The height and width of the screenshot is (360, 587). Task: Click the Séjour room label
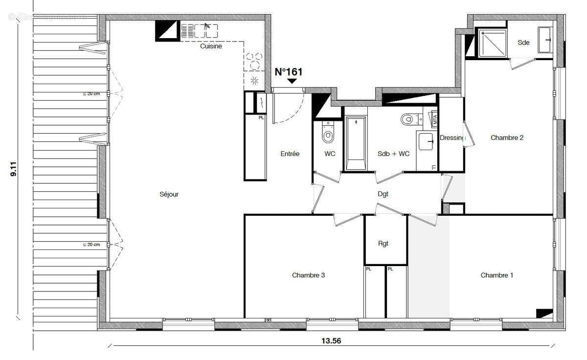[x=169, y=194]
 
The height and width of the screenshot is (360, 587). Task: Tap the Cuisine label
[x=211, y=46]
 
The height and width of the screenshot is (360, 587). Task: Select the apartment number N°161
[x=289, y=72]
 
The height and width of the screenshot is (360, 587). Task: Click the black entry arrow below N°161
[x=292, y=81]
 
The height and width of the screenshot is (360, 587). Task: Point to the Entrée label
[x=290, y=154]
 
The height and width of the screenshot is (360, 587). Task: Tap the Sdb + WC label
[x=393, y=154]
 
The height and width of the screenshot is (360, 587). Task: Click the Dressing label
[x=452, y=138]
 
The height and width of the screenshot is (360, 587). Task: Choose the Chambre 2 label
[x=507, y=138]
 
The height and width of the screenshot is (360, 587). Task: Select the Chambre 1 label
[x=497, y=275]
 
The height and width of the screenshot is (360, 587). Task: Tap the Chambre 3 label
[x=308, y=275]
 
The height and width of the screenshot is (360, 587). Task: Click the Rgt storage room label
[x=384, y=244]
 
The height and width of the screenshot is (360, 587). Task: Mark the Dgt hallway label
[x=383, y=194]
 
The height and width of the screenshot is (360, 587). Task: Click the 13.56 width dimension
[x=331, y=341]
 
